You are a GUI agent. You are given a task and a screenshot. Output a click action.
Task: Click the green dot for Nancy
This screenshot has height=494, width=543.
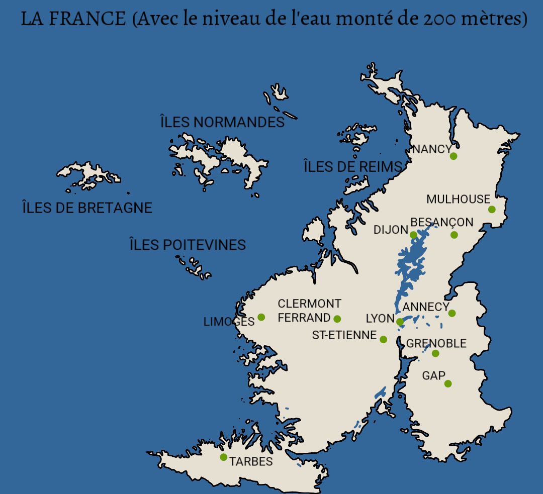454,156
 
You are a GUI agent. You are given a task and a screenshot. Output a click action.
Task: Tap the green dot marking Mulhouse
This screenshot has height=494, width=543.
492,210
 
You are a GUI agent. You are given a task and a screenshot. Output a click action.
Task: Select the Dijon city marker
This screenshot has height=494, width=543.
413,235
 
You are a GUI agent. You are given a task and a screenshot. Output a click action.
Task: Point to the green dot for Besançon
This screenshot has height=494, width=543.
454,235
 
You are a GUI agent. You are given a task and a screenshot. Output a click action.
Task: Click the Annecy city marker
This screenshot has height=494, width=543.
452,313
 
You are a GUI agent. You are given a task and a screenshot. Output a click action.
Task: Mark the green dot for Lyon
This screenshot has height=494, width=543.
399,322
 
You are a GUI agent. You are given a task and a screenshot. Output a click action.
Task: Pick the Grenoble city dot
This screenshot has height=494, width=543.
435,353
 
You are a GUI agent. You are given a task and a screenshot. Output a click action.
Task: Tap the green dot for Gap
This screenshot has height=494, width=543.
448,383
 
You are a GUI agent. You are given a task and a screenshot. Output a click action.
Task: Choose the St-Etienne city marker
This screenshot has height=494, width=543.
383,339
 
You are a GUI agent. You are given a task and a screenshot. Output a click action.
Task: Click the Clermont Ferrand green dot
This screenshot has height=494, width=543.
337,319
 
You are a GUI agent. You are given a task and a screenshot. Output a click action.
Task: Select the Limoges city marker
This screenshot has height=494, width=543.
261,317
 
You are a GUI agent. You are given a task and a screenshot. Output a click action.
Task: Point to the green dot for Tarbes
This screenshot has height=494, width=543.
223,457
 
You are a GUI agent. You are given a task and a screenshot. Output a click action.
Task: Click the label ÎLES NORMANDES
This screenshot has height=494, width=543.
222,122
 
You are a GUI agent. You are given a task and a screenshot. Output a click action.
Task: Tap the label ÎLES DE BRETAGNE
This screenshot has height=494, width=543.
87,208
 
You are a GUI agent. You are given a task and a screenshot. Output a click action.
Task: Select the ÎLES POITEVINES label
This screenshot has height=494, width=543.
188,245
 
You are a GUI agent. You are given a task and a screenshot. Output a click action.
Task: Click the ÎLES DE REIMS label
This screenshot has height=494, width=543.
353,167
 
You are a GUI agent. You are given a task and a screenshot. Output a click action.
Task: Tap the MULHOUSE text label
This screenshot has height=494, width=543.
458,199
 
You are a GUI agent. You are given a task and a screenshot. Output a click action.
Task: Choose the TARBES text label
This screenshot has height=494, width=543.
251,462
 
